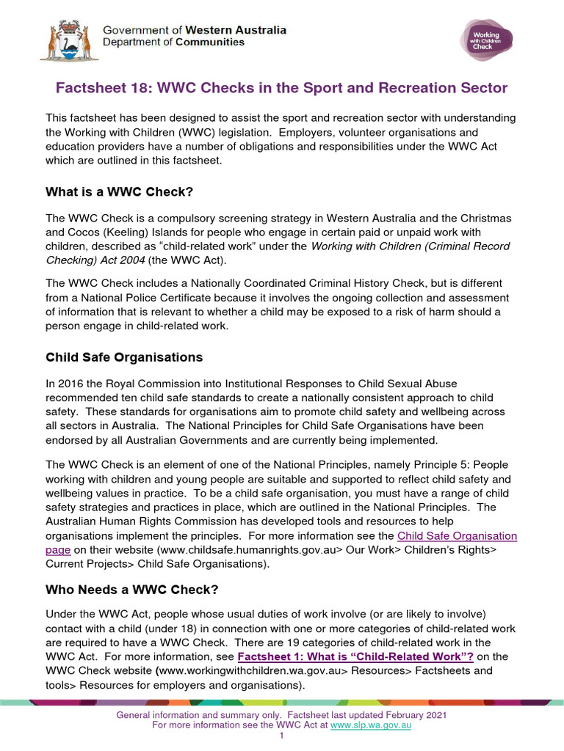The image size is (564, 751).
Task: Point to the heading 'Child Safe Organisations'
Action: point(124,358)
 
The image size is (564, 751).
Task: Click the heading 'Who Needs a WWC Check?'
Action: point(132,589)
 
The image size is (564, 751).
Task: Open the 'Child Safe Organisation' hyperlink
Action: point(457,536)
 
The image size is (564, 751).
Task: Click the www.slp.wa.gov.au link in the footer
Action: point(370,725)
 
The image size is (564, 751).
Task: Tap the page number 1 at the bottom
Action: point(282,736)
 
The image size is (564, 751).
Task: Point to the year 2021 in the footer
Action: point(434,715)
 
